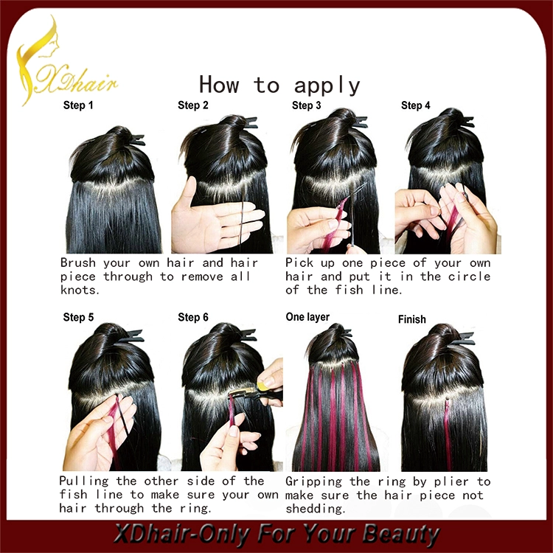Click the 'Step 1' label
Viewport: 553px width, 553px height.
pos(78,105)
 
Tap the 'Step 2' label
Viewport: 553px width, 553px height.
pos(193,105)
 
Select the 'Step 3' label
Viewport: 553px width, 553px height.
pos(307,105)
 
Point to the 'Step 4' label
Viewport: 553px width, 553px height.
pos(415,105)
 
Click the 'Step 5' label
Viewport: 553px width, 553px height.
pos(78,317)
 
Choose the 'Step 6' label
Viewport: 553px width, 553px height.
pos(193,317)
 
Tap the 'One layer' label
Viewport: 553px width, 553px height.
pos(307,317)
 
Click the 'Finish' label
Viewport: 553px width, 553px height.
pos(412,319)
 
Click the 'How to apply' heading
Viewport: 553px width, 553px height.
pos(279,85)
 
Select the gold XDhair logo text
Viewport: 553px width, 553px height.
pos(76,82)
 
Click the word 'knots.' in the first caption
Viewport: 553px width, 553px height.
pos(80,290)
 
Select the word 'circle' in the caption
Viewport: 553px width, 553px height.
pos(469,276)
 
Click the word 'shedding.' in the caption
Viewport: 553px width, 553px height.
pos(316,509)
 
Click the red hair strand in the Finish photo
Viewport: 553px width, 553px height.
pos(448,434)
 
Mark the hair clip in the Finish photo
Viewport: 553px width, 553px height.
pos(462,338)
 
